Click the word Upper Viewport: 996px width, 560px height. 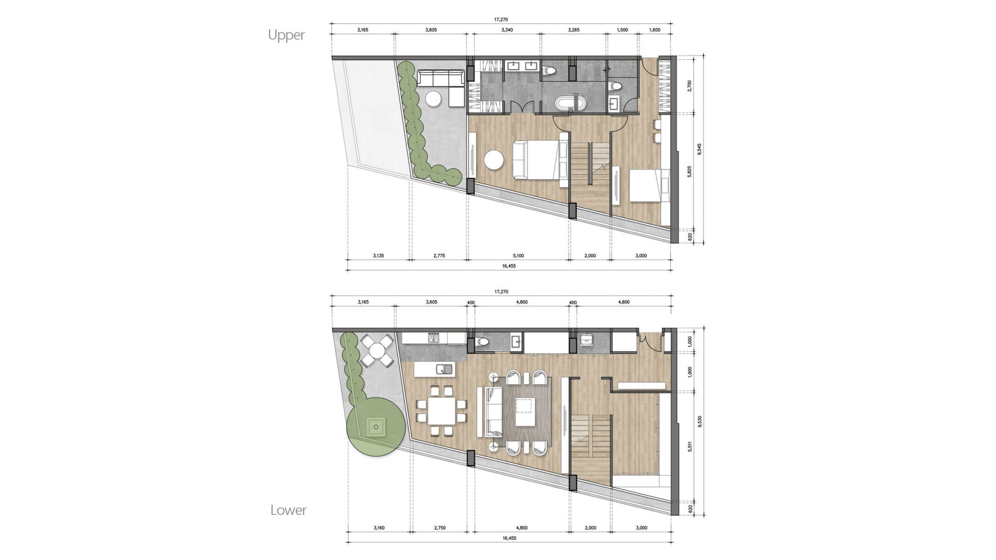pos(286,35)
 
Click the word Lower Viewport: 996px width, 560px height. pos(288,510)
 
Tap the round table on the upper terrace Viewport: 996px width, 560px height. pos(434,98)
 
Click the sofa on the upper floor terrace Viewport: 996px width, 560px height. pos(441,79)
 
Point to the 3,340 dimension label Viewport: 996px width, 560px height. pos(507,30)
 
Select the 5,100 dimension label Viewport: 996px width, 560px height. pos(518,256)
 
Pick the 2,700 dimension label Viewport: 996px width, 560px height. pos(689,85)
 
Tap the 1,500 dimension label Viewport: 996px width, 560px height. pos(622,30)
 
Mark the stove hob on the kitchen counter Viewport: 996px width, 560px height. pos(434,338)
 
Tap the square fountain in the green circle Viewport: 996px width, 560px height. pos(375,428)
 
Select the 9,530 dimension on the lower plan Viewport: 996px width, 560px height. pos(699,420)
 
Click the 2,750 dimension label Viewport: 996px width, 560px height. pos(439,528)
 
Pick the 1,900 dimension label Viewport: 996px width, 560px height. pos(689,372)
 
